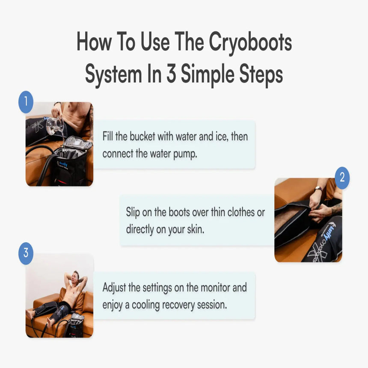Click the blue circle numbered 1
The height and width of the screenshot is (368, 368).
coord(26,102)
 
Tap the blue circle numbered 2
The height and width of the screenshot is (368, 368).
coord(342,178)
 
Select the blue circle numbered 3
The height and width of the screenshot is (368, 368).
coord(26,253)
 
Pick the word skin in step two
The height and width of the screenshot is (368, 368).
coord(193,229)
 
